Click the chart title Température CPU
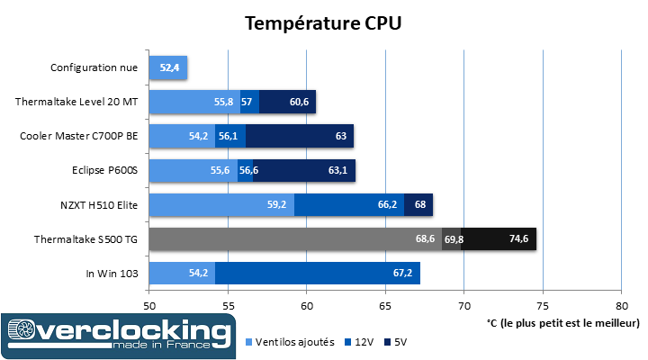323,23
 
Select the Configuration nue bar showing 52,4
168,67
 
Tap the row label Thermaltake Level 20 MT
77,102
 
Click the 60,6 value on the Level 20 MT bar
301,102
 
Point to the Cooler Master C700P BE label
80,136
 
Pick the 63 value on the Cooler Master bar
341,136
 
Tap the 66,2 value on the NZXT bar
389,204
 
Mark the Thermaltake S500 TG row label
86,238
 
